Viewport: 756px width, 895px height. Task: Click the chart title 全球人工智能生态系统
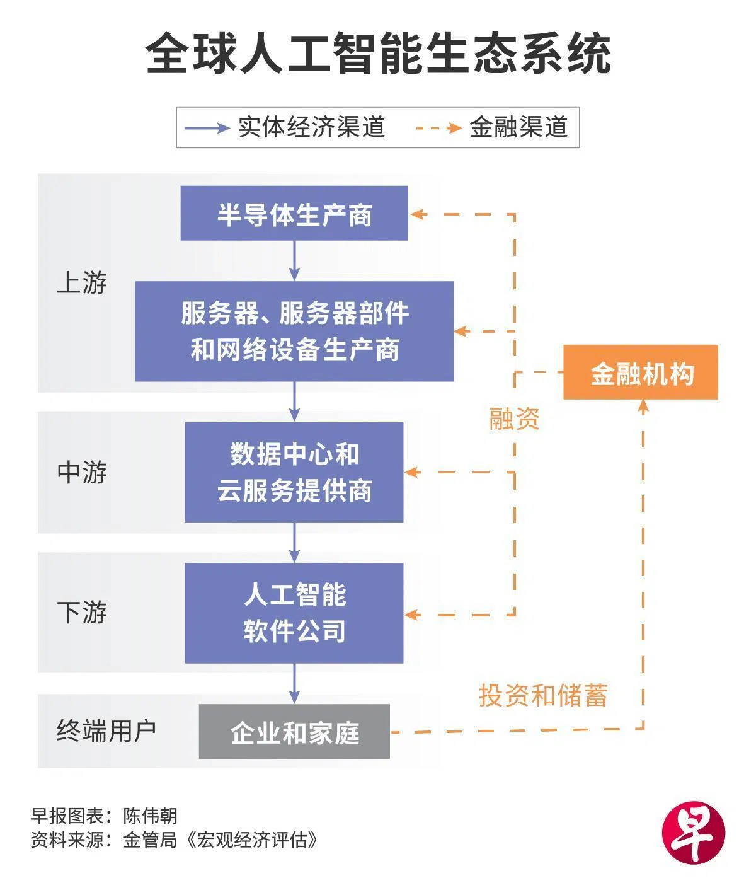378,54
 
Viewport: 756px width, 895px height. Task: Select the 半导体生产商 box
294,214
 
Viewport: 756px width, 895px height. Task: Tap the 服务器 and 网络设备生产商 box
294,332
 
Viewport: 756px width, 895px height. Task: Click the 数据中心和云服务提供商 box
294,472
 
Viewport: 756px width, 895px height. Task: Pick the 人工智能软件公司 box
294,613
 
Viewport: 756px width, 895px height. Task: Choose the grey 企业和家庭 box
294,732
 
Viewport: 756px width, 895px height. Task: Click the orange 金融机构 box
641,372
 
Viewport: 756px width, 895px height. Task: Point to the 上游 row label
82,283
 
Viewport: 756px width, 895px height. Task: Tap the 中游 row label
82,472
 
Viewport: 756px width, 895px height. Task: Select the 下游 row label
82,612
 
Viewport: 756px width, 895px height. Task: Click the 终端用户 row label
106,730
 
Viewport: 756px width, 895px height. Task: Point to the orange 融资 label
514,419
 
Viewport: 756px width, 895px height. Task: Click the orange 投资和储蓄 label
543,696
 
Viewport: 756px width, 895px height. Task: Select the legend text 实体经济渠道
311,127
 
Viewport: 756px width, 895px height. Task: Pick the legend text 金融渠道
518,127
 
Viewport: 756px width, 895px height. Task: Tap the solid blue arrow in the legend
207,128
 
